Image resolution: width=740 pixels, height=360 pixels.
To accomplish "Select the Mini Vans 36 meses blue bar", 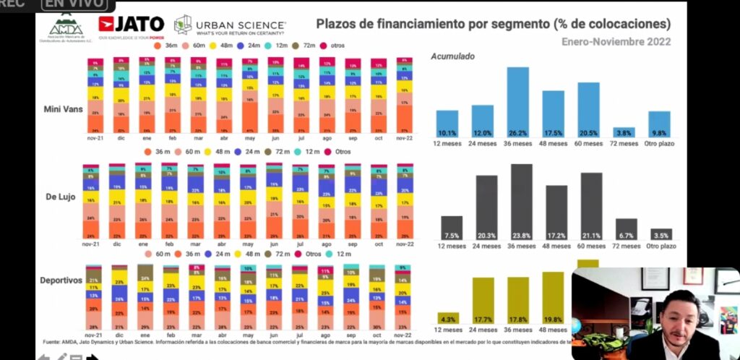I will tap(517, 102).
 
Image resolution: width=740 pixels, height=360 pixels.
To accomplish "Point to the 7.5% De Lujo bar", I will tap(452, 228).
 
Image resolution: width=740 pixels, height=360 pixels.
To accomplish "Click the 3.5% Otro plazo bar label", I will tap(661, 236).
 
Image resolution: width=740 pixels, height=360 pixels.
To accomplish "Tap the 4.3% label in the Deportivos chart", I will tap(448, 318).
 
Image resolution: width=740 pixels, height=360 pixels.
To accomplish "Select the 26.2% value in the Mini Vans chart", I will tap(517, 132).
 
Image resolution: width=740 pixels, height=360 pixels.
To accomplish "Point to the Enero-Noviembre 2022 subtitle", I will tap(616, 41).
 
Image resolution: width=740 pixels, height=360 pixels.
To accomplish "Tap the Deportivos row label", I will tap(61, 280).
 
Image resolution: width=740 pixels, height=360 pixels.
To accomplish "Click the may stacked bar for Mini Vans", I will tap(250, 95).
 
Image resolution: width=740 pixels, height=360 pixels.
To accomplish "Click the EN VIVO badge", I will tap(72, 4).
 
